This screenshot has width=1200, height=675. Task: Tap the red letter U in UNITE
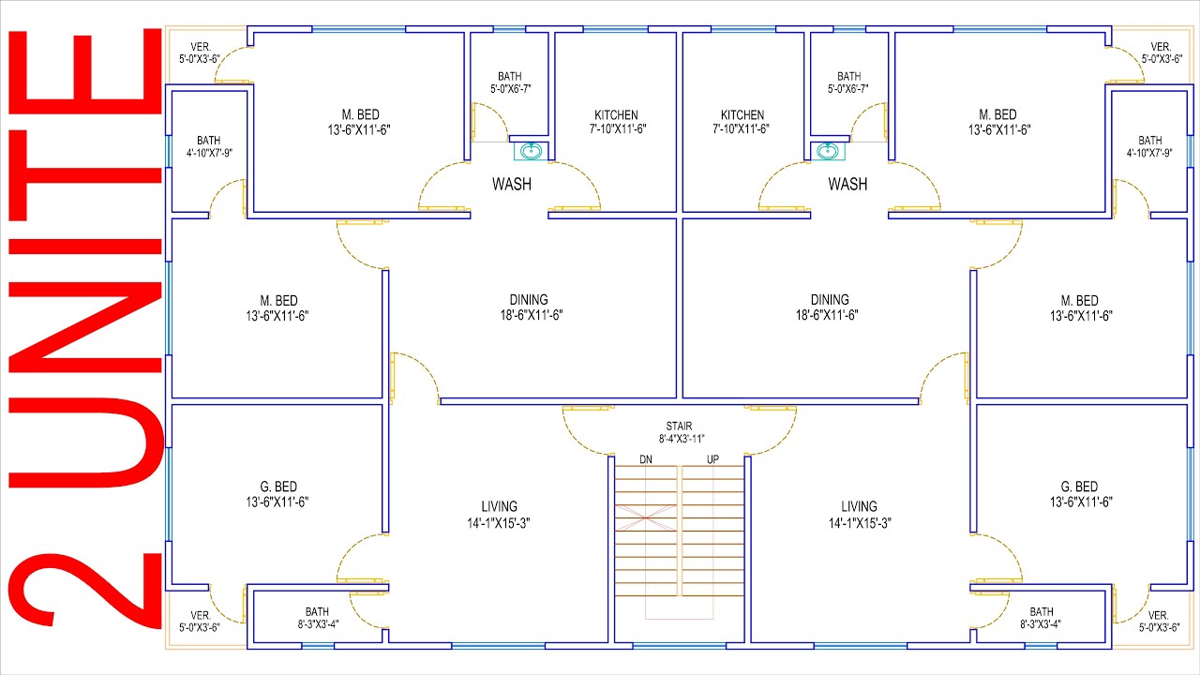85,443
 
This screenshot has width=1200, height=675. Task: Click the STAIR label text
679,427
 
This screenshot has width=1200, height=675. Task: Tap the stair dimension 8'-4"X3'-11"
682,440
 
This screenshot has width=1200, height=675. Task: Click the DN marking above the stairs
646,459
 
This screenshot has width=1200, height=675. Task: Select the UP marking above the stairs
712,459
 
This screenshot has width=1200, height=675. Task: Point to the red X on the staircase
646,518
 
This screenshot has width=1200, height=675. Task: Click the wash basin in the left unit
531,151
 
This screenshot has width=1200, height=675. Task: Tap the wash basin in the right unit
828,151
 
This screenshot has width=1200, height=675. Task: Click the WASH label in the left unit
512,185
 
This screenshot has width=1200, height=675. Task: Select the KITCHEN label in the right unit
742,115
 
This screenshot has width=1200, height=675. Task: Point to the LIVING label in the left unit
500,507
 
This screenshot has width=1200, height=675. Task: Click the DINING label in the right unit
830,300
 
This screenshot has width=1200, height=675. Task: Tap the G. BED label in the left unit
278,487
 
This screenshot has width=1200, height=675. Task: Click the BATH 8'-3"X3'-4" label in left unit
318,618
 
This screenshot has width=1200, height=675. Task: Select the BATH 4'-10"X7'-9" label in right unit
1149,146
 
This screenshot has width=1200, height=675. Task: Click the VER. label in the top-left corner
201,47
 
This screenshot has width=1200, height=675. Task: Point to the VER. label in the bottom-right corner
1158,616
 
